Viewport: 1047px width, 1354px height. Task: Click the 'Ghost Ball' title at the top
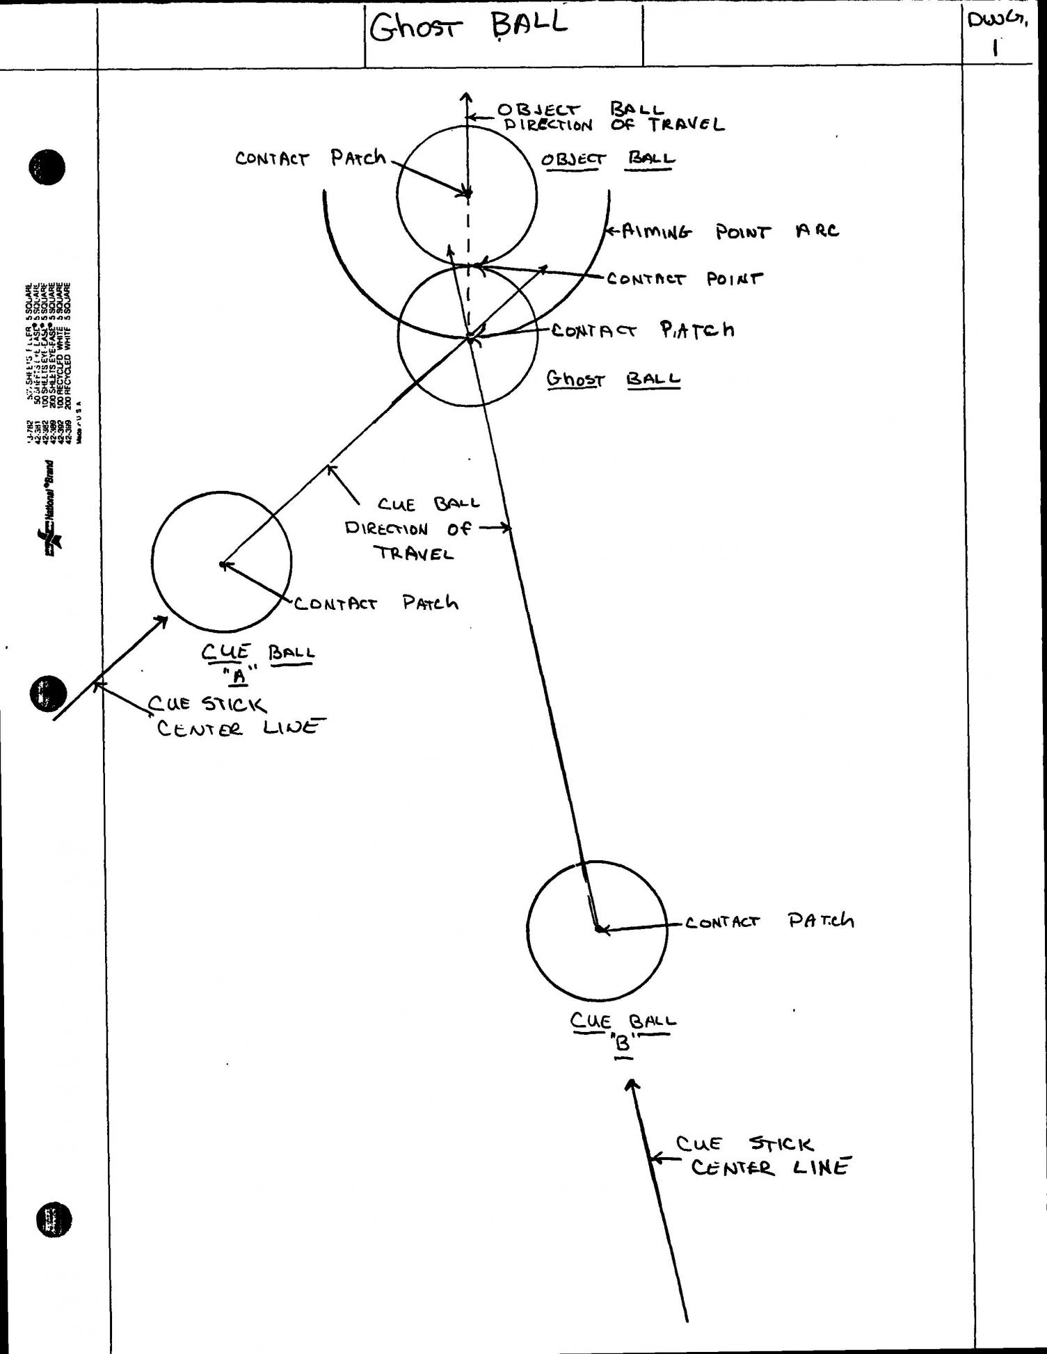click(468, 28)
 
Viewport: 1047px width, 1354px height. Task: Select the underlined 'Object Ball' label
click(608, 159)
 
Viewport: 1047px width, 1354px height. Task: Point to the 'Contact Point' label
click(685, 279)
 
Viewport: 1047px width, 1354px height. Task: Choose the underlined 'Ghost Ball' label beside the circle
click(613, 379)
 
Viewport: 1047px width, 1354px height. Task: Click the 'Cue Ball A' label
click(257, 661)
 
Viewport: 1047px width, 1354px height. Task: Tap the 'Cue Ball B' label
click(623, 1030)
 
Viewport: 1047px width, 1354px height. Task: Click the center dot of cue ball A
click(223, 564)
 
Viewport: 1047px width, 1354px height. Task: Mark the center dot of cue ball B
click(598, 928)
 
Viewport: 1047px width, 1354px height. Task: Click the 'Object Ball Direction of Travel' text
click(611, 118)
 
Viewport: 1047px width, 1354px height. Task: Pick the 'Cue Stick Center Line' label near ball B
click(762, 1156)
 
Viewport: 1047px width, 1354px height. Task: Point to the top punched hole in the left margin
click(47, 168)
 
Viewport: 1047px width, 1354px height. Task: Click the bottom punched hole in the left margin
click(53, 1222)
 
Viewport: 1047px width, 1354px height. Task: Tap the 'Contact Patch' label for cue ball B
click(769, 921)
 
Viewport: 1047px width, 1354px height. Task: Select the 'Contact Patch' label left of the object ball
click(310, 159)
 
